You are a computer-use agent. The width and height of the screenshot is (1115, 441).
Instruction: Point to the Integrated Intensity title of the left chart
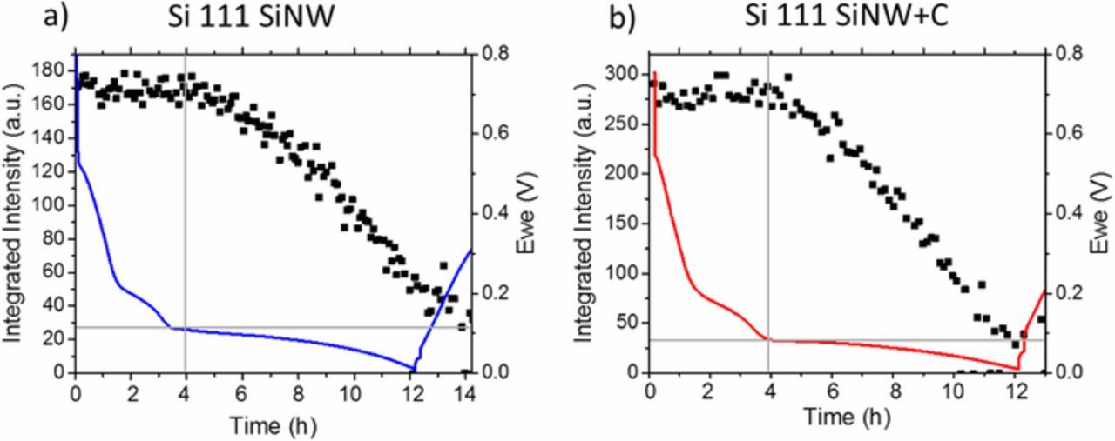click(x=14, y=212)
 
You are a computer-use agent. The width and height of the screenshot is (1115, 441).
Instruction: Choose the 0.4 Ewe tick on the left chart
click(x=492, y=213)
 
